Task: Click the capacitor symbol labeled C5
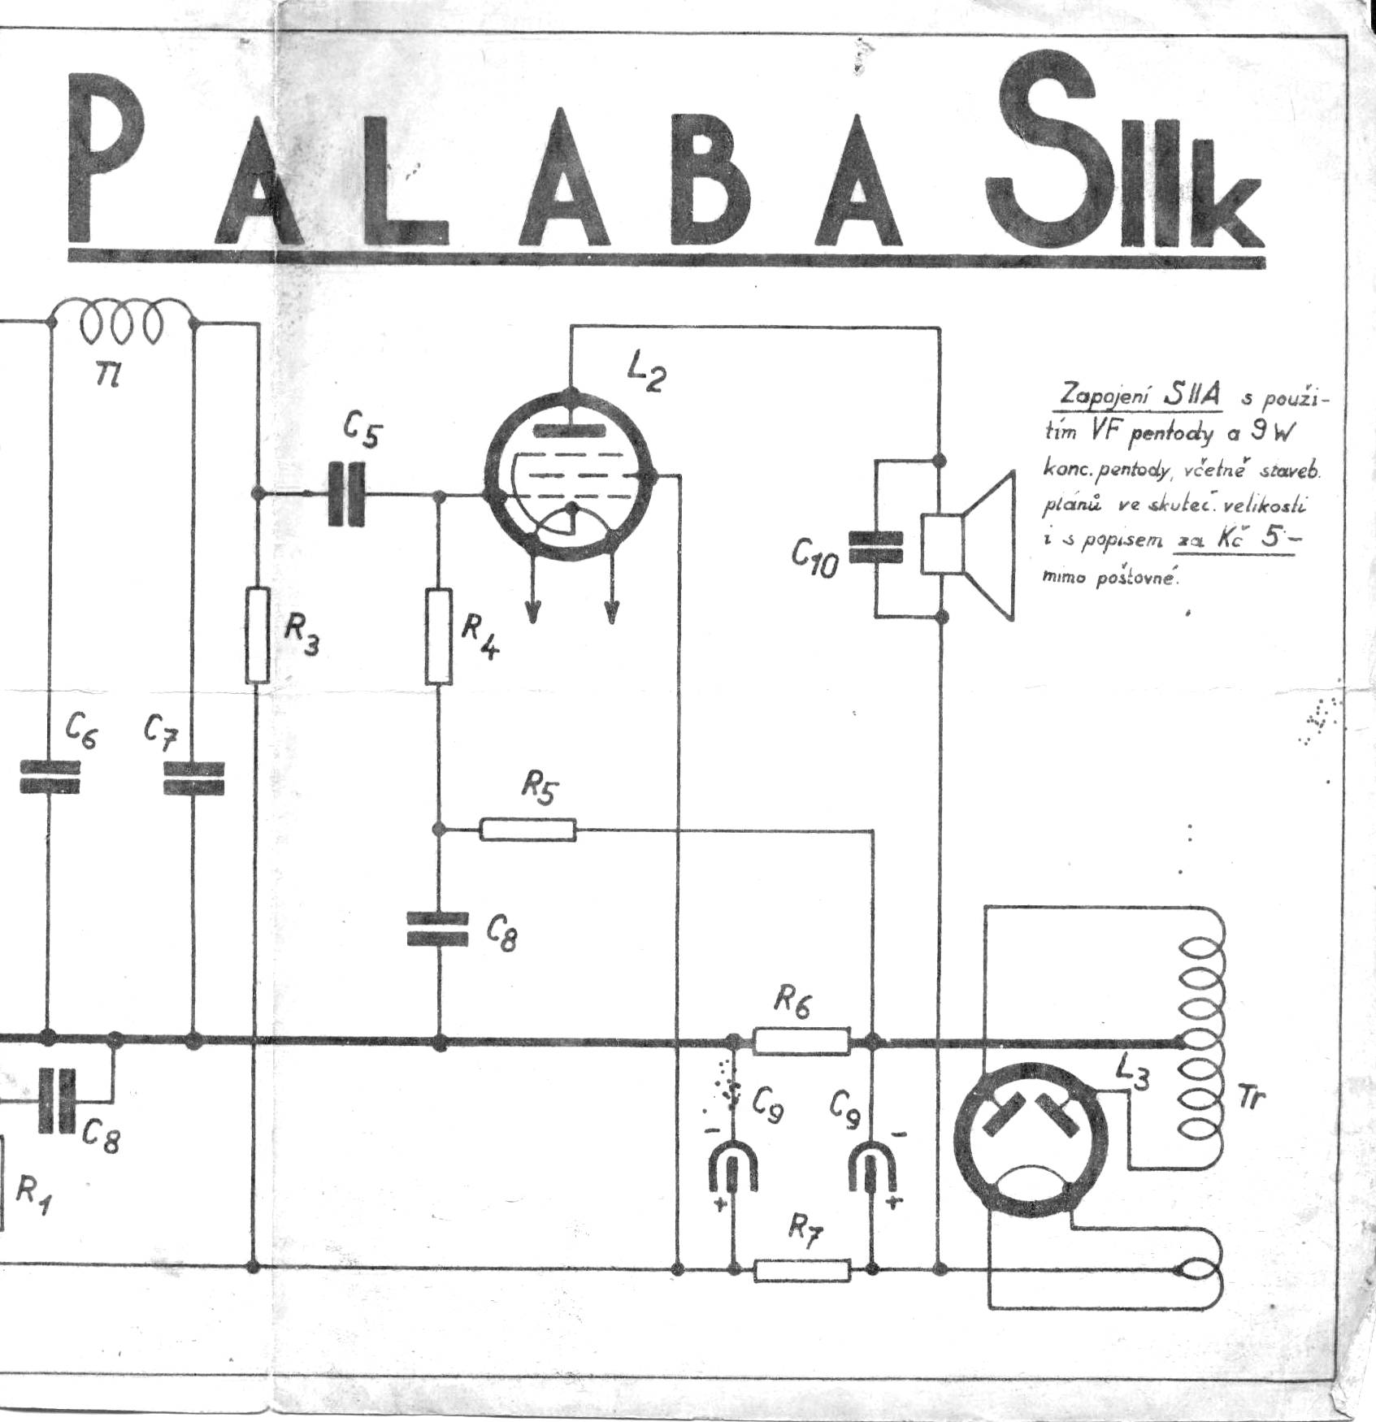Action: (x=347, y=493)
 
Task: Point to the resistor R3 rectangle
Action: (x=258, y=635)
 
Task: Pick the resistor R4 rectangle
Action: (x=439, y=637)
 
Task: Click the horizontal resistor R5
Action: (x=527, y=830)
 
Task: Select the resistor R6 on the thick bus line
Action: (x=801, y=1041)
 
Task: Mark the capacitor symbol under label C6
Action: (x=49, y=777)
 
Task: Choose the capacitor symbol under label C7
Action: (x=193, y=777)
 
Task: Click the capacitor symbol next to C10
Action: (x=875, y=547)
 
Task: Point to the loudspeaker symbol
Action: (x=971, y=545)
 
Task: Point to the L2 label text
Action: (x=647, y=375)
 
